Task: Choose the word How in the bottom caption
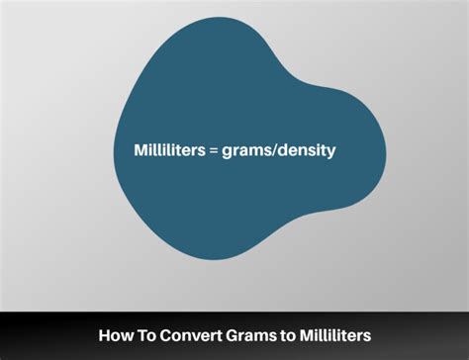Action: tap(113, 337)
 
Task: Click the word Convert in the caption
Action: tap(181, 337)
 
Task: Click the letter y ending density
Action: tap(331, 153)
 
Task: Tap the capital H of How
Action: tap(104, 337)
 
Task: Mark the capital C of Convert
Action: tap(160, 337)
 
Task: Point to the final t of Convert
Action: tap(206, 337)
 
